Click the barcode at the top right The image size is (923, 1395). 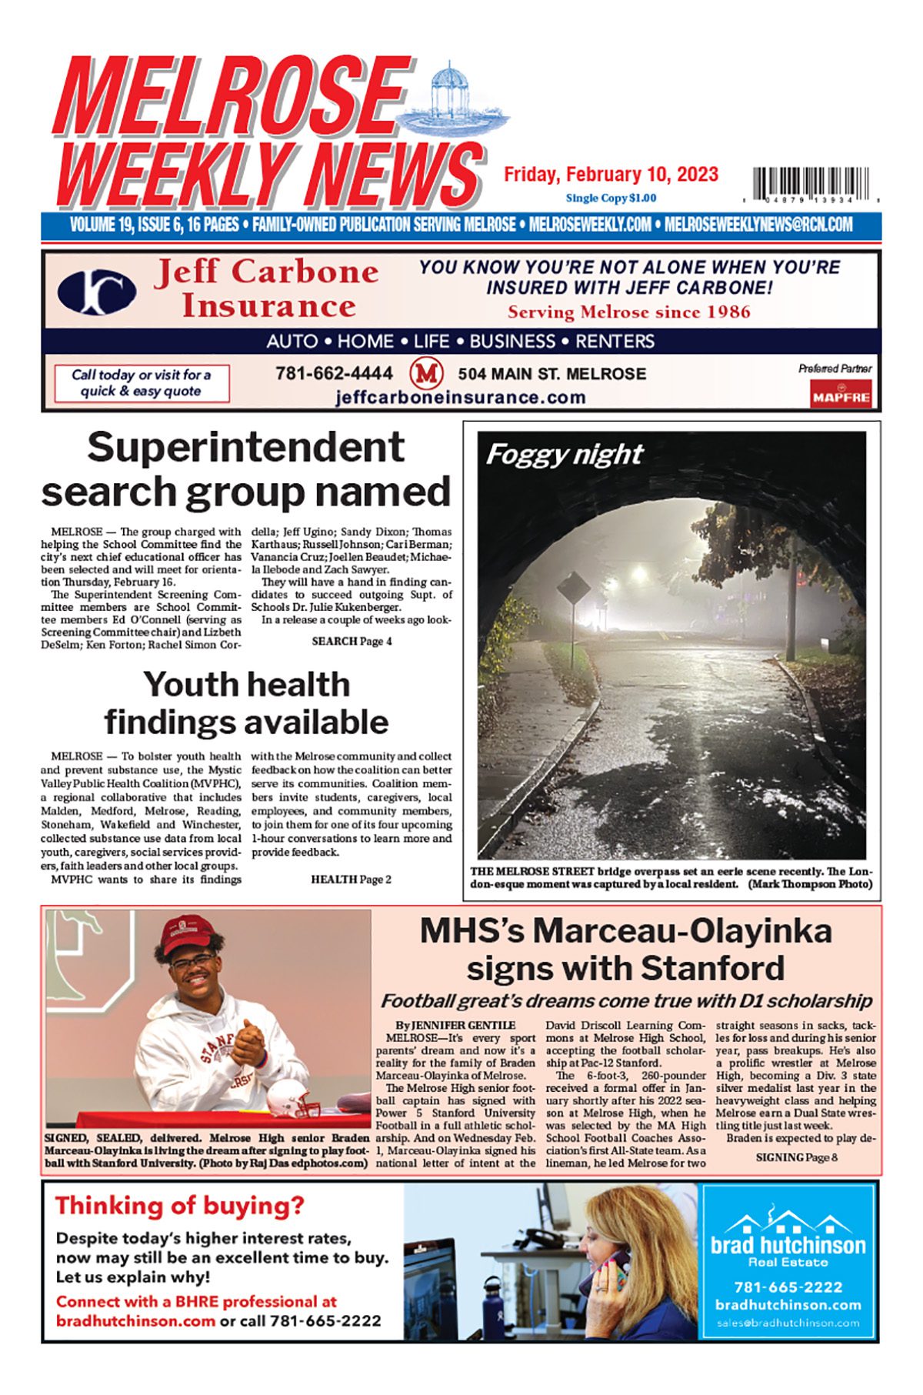point(812,184)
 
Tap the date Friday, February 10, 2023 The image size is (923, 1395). point(611,175)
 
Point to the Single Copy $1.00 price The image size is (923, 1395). point(611,198)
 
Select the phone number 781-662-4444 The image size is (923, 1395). point(334,373)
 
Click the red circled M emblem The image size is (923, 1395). point(425,374)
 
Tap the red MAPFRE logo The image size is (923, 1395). point(840,397)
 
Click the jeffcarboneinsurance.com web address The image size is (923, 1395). point(460,397)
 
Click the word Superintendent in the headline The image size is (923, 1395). point(245,447)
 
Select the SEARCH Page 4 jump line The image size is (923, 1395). point(352,641)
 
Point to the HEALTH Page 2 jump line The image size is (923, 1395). point(351,879)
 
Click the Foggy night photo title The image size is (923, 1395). point(564,455)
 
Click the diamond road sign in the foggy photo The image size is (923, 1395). point(573,590)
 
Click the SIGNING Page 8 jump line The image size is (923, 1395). point(796,1157)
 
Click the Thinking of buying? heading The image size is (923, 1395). point(180,1205)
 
